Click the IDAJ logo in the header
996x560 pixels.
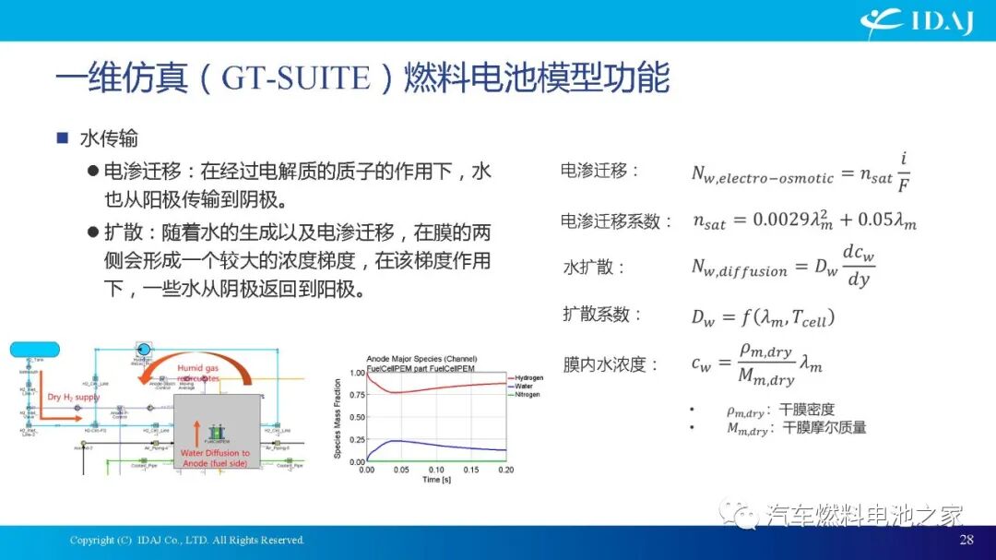point(917,20)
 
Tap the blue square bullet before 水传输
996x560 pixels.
point(63,138)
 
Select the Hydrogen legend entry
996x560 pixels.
point(528,378)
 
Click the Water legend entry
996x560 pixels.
point(523,387)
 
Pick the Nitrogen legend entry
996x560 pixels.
point(527,395)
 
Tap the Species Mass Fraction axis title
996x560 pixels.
point(338,416)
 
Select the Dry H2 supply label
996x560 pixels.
point(74,398)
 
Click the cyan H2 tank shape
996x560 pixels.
point(34,350)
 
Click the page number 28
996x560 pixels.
point(966,540)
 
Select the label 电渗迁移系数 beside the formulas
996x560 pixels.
point(611,221)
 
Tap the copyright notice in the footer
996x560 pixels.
point(186,540)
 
